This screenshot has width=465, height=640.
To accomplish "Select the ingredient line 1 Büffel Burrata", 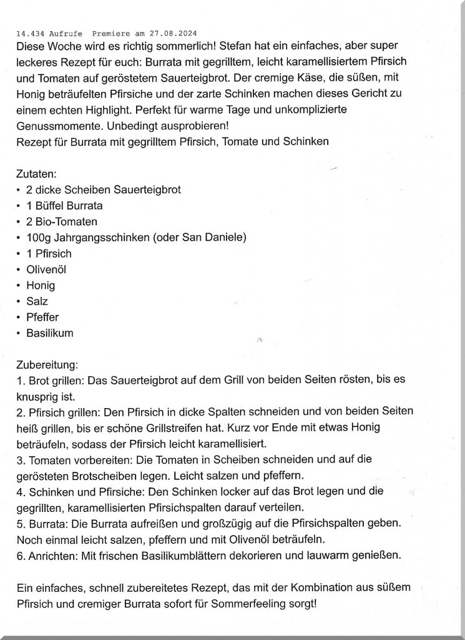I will click(64, 205).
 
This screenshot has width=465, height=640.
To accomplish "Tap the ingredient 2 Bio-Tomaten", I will click(61, 221).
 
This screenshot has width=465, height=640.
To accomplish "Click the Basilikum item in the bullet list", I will click(49, 333).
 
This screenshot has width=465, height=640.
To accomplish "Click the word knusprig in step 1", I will click(37, 397).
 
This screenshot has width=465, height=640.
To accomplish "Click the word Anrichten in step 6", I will click(47, 556).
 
